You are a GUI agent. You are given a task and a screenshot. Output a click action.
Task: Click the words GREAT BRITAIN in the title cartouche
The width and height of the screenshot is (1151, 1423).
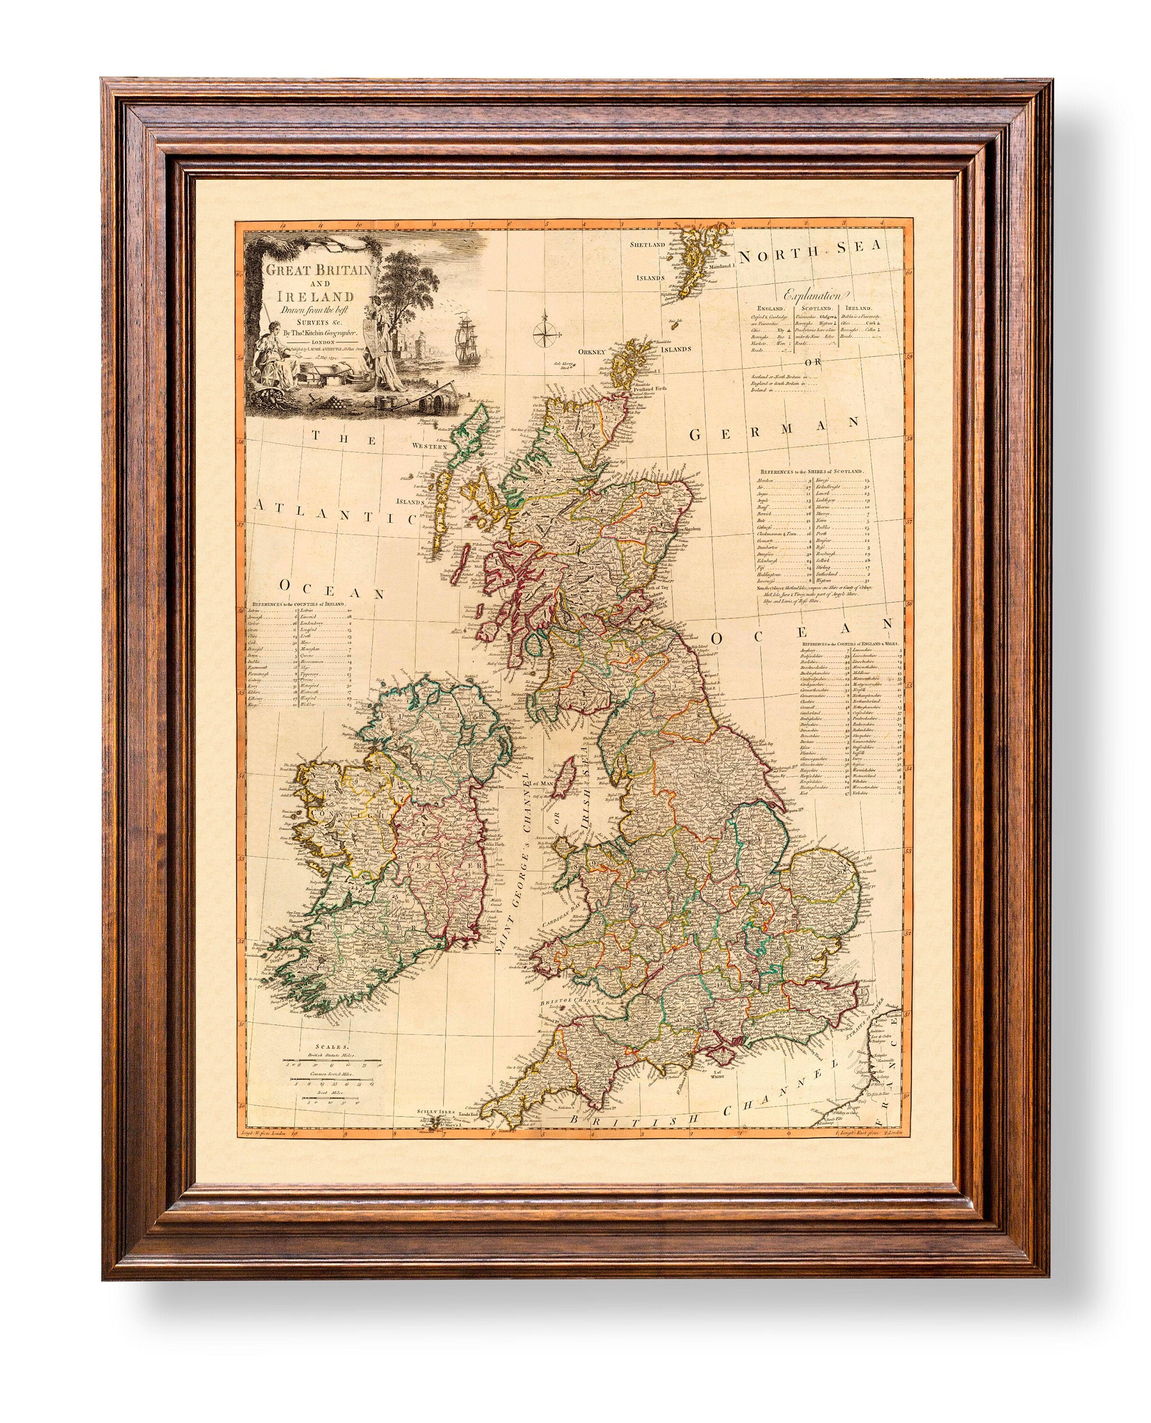tap(312, 272)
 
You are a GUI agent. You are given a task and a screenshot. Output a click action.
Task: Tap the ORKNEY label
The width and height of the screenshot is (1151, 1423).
tap(591, 352)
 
